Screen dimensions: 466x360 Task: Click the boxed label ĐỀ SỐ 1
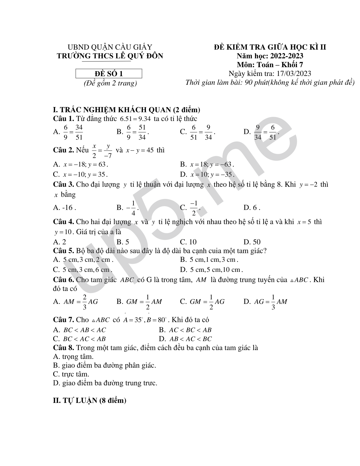[109, 74]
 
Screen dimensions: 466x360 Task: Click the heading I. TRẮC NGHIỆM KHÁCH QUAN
[126, 110]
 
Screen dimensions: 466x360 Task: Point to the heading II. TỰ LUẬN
[89, 400]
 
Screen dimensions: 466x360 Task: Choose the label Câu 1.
[63, 119]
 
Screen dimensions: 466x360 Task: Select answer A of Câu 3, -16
[64, 208]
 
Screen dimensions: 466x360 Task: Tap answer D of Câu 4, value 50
[252, 242]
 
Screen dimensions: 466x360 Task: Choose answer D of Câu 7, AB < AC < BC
[185, 339]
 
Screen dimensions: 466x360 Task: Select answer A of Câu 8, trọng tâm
[73, 357]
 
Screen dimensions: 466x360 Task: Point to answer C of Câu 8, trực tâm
[71, 375]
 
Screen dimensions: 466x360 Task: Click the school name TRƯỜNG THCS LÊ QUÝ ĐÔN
[110, 56]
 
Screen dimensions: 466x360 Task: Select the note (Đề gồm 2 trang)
[110, 83]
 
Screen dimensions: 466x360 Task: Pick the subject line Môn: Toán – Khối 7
[270, 65]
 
